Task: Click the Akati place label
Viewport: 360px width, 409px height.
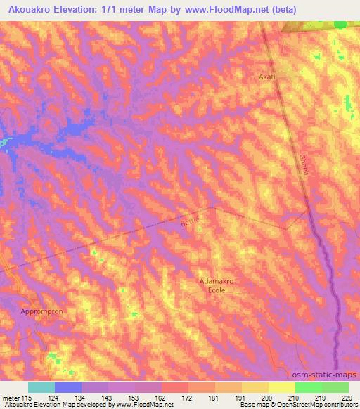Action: [x=267, y=77]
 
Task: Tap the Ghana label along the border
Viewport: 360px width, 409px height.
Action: [x=304, y=166]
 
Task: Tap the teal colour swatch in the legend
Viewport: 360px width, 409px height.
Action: [x=41, y=387]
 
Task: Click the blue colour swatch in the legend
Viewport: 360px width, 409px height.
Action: [x=68, y=387]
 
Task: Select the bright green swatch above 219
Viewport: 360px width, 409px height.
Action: [x=308, y=387]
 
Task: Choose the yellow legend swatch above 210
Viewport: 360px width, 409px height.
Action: [x=281, y=387]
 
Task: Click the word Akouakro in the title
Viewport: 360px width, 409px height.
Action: [x=33, y=9]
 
